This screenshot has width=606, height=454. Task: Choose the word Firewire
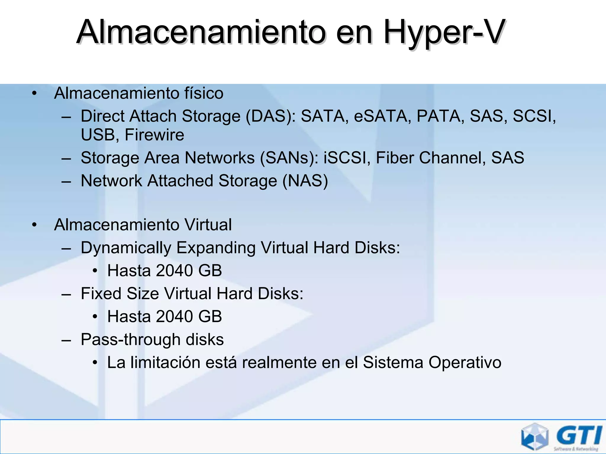click(x=154, y=135)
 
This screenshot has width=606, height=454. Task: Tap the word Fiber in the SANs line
click(x=395, y=158)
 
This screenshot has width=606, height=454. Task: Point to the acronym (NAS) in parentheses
click(x=305, y=181)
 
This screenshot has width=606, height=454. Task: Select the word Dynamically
click(x=126, y=248)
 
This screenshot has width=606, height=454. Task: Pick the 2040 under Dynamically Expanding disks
click(x=175, y=271)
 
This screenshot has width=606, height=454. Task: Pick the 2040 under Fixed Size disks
click(x=175, y=317)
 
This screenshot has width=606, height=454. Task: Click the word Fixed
click(x=101, y=294)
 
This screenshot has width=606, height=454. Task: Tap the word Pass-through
click(x=130, y=340)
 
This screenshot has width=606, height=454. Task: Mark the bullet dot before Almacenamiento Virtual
click(x=35, y=225)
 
